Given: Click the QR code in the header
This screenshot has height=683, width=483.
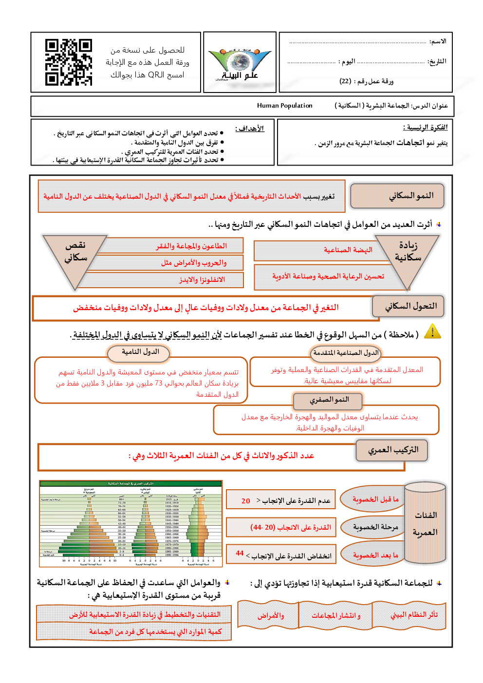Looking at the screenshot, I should tap(69, 62).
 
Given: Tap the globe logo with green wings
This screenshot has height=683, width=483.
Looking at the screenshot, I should tap(239, 63).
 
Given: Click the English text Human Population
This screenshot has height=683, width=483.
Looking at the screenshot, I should tap(285, 106).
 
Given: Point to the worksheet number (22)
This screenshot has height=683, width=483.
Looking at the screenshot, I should tap(345, 81).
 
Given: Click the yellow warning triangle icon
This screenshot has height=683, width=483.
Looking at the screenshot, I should tap(432, 332).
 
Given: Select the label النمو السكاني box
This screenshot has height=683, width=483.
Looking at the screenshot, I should tap(397, 196).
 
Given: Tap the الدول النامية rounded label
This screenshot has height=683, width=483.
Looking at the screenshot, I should tap(140, 352).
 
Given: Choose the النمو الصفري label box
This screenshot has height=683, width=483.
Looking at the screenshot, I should tap(329, 400).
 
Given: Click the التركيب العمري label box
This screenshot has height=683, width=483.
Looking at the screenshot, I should tap(392, 450).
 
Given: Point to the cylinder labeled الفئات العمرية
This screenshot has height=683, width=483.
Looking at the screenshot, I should tap(425, 523).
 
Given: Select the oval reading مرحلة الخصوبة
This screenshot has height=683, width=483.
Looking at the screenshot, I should tap(375, 527).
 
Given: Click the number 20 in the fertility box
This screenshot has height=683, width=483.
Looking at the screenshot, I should tap(245, 501).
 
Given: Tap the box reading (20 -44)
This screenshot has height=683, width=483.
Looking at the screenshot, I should tap(281, 527).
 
